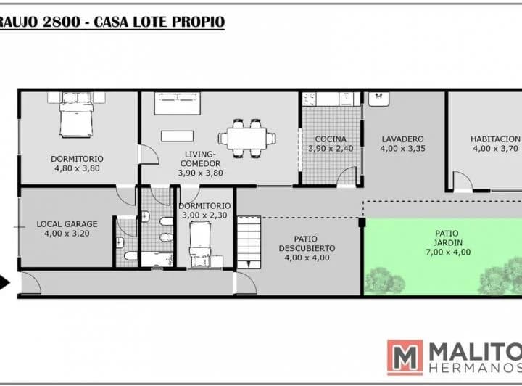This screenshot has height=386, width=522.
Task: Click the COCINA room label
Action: tap(331, 139)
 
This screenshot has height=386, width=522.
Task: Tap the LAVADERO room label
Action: tap(402, 139)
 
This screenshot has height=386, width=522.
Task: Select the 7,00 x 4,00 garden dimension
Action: tap(448, 252)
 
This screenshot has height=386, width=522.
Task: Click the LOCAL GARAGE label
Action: tap(67, 224)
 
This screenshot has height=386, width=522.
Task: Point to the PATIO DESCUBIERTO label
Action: tap(307, 244)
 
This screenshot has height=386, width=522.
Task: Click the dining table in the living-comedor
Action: tap(246, 138)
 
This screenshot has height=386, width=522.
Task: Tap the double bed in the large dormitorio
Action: tap(76, 115)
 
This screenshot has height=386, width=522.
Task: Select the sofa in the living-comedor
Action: tap(177, 104)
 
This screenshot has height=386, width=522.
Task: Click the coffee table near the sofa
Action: tap(177, 136)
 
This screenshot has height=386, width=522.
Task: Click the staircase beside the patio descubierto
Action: tap(249, 242)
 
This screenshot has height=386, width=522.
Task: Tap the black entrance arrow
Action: tap(4, 283)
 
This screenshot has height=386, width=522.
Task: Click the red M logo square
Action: tap(405, 358)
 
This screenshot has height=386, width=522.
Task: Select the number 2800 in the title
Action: tap(62, 22)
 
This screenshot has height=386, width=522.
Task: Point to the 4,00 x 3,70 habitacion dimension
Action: tap(495, 149)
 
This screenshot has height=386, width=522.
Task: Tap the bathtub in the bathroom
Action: tap(157, 260)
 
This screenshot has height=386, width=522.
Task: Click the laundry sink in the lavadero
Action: tap(378, 99)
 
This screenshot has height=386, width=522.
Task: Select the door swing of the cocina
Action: tap(347, 176)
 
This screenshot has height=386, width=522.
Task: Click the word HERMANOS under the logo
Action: tap(476, 368)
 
